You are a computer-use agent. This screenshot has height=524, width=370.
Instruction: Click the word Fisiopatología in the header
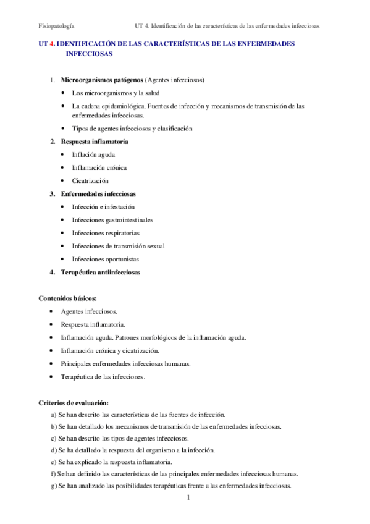pyautogui.click(x=57, y=27)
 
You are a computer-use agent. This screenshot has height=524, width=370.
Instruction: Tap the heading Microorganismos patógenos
pyautogui.click(x=101, y=80)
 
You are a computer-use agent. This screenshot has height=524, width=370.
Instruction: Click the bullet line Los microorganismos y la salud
pyautogui.click(x=116, y=93)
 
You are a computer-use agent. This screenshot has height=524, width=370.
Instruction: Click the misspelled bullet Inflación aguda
pyautogui.click(x=93, y=154)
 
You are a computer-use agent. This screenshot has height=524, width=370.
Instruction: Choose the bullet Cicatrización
pyautogui.click(x=90, y=180)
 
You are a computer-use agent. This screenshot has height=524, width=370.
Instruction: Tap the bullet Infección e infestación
pyautogui.click(x=103, y=206)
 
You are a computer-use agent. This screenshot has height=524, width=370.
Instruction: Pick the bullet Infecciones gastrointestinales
pyautogui.click(x=112, y=219)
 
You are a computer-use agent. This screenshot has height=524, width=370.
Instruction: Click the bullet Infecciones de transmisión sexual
pyautogui.click(x=118, y=246)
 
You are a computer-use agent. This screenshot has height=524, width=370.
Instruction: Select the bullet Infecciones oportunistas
pyautogui.click(x=105, y=259)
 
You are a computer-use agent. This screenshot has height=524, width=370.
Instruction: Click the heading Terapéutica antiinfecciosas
pyautogui.click(x=100, y=272)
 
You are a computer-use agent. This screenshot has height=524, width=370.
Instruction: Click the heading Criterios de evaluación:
pyautogui.click(x=74, y=402)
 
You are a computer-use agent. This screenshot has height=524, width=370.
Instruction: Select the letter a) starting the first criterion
pyautogui.click(x=54, y=415)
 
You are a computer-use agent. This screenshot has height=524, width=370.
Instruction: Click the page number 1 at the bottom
pyautogui.click(x=188, y=497)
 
